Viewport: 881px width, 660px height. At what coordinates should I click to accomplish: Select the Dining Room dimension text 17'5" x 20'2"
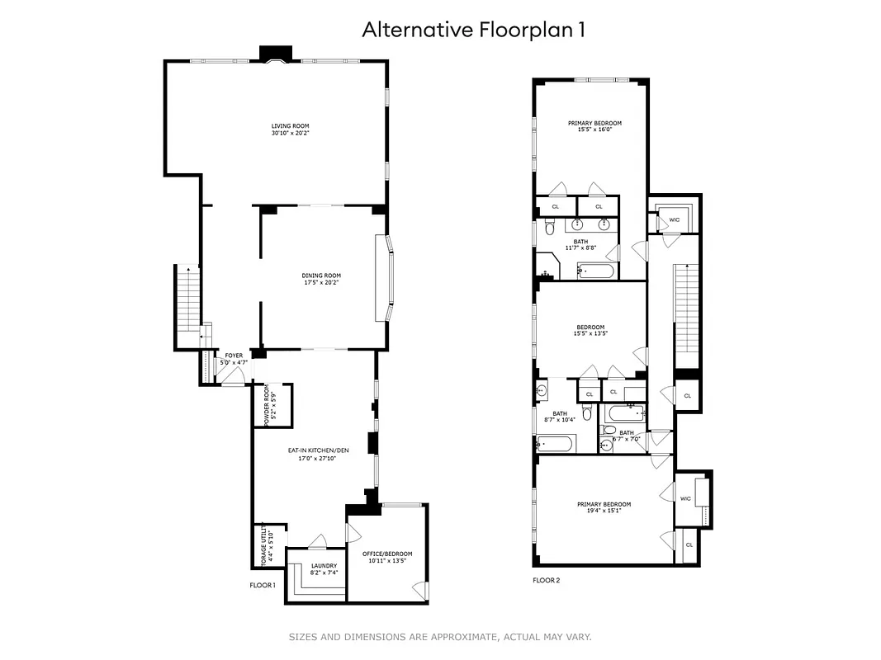click(321, 282)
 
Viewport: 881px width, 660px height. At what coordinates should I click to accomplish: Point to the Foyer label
click(234, 356)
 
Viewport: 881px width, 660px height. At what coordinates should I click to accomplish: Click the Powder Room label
click(268, 405)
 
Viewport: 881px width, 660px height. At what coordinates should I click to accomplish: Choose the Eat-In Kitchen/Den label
click(314, 450)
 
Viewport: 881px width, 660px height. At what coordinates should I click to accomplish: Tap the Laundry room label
click(324, 566)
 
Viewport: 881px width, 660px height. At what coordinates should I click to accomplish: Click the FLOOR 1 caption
click(263, 585)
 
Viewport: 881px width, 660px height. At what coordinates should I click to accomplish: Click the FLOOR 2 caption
click(546, 580)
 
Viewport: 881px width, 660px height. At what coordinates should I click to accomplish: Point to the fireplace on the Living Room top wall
click(274, 54)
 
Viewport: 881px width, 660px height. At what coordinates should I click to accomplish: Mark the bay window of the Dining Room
click(385, 278)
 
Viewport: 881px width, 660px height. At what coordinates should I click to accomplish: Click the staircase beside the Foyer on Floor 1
click(187, 305)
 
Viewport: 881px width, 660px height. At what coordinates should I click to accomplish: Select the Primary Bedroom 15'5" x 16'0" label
click(594, 123)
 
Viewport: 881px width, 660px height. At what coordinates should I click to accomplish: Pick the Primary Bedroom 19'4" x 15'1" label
click(604, 504)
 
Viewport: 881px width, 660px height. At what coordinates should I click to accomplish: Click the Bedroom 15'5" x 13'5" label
click(590, 327)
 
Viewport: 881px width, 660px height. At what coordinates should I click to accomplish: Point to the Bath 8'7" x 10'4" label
click(560, 414)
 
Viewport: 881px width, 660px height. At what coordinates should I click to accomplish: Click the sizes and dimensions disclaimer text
click(439, 636)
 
